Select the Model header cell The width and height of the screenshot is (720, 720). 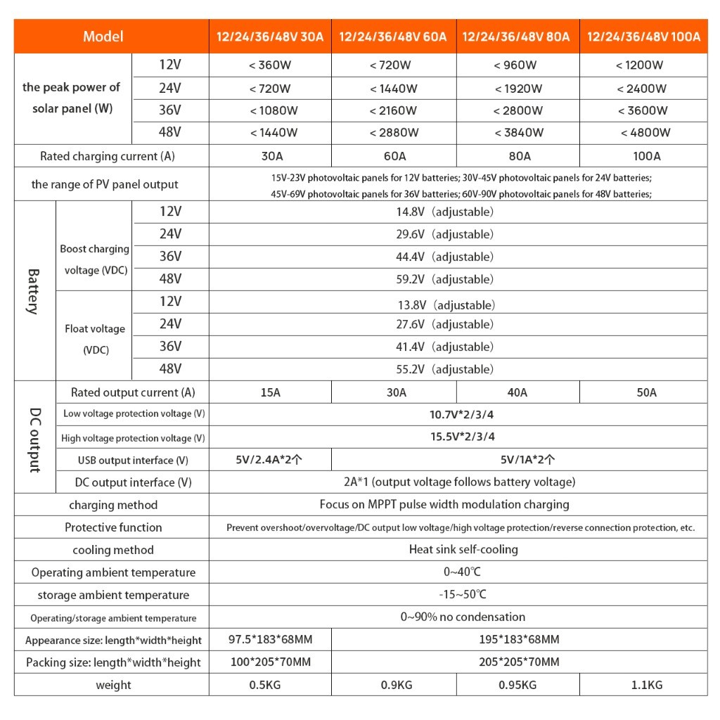103,37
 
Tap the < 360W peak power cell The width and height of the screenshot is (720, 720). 269,65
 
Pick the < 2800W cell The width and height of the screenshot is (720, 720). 518,110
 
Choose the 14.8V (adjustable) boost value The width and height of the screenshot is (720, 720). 444,212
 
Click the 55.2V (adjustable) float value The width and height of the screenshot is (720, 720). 444,369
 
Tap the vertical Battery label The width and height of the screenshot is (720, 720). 33,290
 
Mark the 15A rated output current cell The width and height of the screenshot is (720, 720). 270,392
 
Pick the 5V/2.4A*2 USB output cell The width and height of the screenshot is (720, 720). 270,460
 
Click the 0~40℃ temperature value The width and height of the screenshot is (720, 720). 458,572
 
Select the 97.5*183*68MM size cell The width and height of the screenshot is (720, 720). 270,640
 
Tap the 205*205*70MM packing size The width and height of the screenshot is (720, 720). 518,662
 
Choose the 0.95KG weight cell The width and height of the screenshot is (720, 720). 517,685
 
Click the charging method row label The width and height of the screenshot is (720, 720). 113,505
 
